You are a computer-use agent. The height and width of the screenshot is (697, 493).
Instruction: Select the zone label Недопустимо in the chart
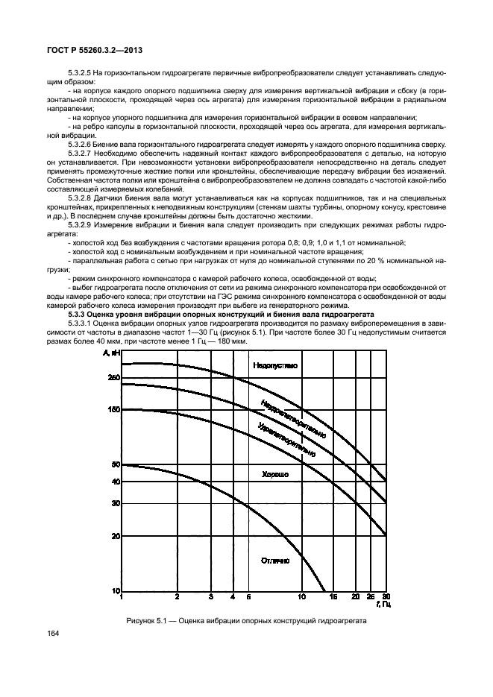(274, 365)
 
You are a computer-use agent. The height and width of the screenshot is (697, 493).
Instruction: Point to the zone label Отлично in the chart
(274, 560)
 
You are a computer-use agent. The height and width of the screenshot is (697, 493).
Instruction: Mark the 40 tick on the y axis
(116, 482)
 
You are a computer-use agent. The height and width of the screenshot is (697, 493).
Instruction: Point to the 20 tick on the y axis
(116, 536)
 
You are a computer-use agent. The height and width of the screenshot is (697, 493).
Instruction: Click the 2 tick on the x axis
(177, 597)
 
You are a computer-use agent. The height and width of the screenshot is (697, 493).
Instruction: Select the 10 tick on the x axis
(302, 597)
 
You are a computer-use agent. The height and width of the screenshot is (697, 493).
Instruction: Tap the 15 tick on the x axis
(333, 597)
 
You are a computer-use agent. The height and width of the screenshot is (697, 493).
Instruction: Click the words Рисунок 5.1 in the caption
(147, 621)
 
